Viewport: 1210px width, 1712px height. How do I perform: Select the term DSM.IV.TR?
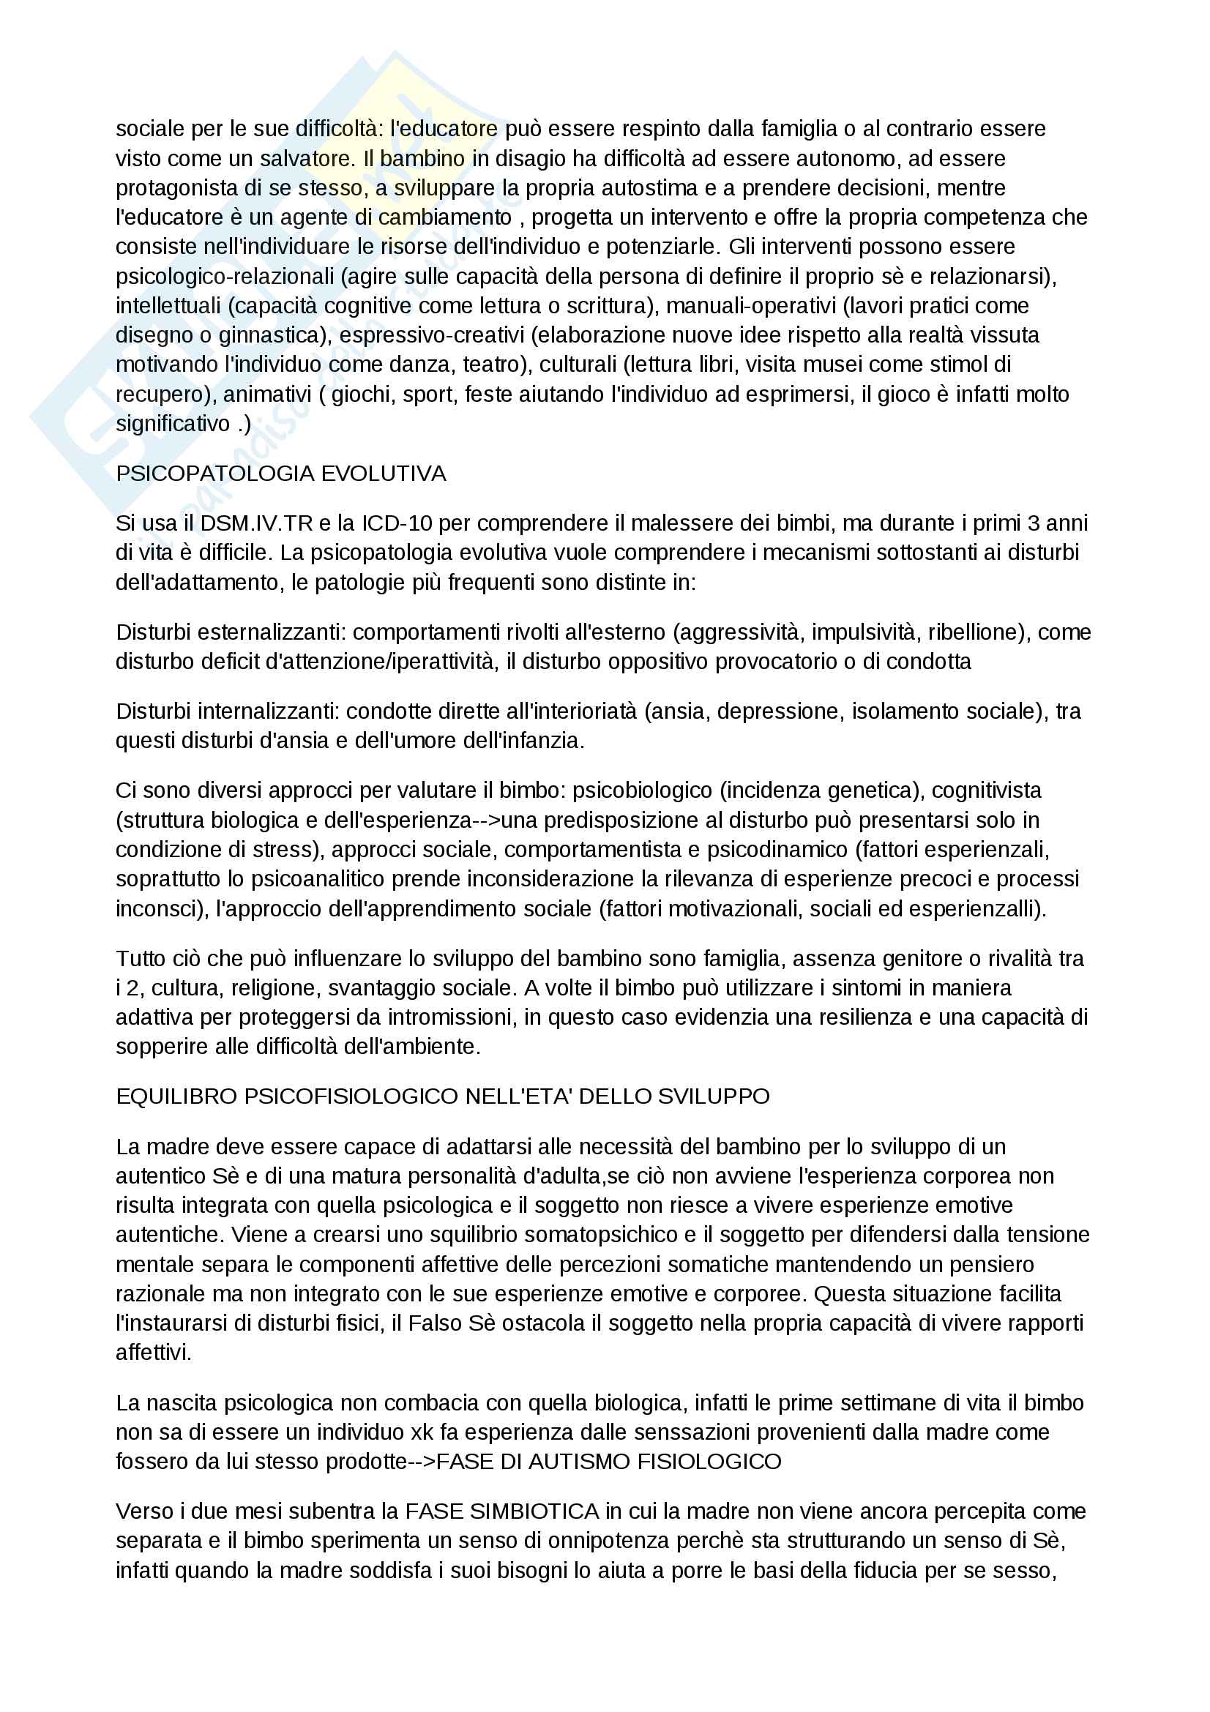(x=257, y=523)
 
